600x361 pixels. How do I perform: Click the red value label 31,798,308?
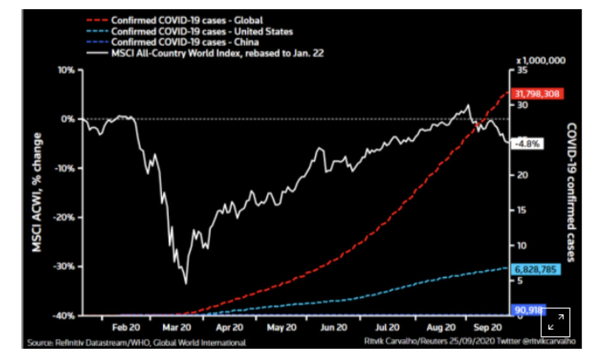pyautogui.click(x=538, y=94)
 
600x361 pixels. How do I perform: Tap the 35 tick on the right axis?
pyautogui.click(x=521, y=70)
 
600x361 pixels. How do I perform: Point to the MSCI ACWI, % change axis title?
pyautogui.click(x=38, y=192)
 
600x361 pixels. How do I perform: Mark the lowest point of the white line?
pyautogui.click(x=186, y=283)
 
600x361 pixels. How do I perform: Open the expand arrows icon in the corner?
pyautogui.click(x=555, y=322)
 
